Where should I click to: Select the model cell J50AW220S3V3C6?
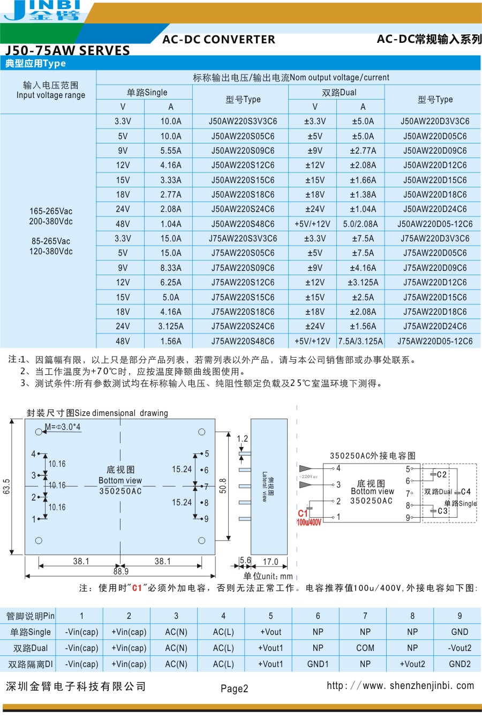(x=243, y=122)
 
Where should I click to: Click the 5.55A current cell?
(x=171, y=150)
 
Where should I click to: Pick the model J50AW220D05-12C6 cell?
(x=435, y=224)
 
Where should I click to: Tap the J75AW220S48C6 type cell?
(x=243, y=341)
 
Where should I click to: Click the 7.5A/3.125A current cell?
(x=360, y=341)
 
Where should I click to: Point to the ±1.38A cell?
(x=363, y=194)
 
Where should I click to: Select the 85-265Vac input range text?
(x=51, y=241)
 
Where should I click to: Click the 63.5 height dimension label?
(x=6, y=487)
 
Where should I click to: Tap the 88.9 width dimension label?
(x=120, y=571)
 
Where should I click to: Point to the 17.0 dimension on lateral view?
(x=270, y=562)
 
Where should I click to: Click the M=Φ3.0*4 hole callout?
(x=63, y=427)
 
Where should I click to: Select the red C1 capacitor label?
(x=303, y=513)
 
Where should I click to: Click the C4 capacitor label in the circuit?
(x=466, y=491)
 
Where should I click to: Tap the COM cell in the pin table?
(x=365, y=648)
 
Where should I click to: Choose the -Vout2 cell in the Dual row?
(x=460, y=648)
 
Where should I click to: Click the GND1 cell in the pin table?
(x=318, y=664)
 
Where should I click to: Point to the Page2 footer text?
(x=235, y=688)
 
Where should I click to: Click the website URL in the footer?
(x=400, y=685)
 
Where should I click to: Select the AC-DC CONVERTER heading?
(x=219, y=39)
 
